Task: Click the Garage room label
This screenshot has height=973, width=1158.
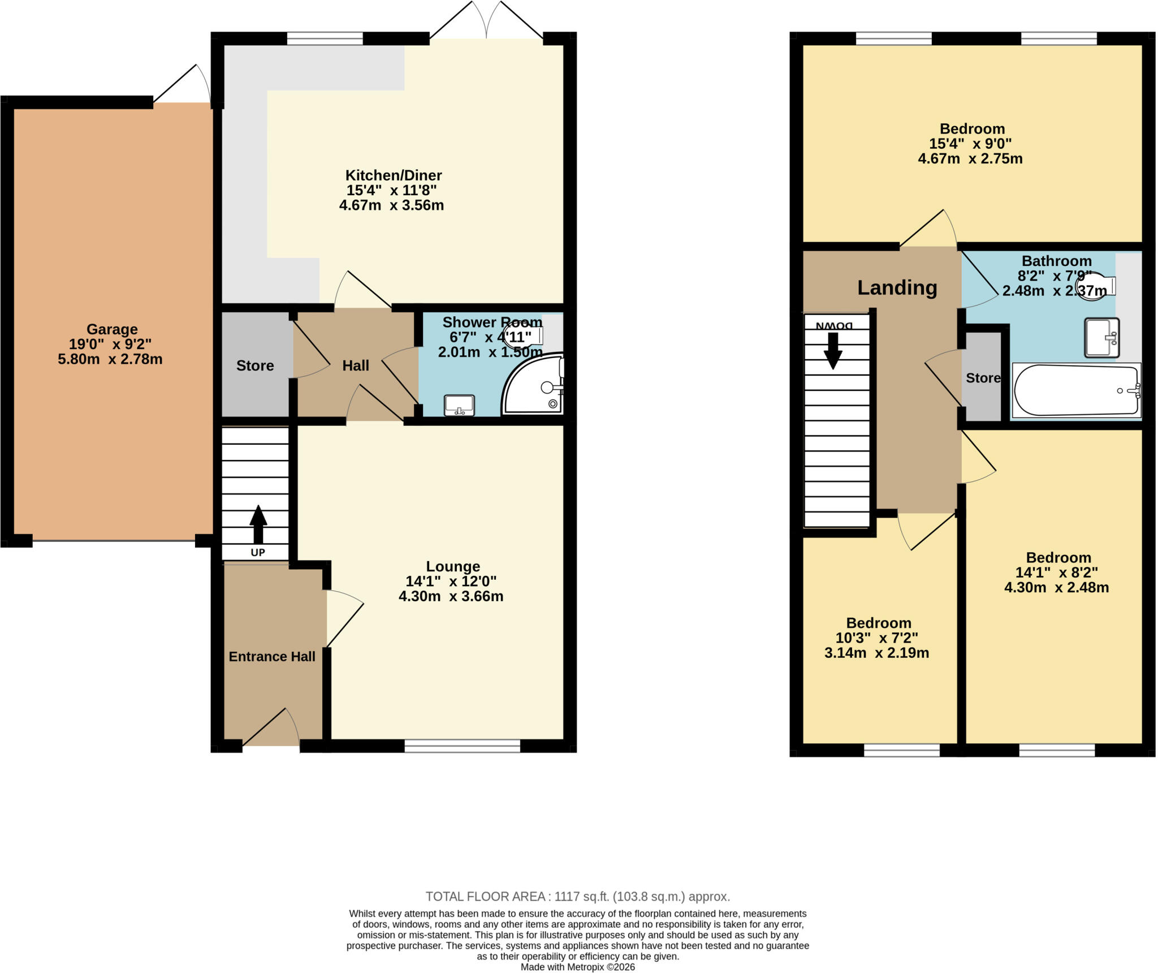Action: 112,329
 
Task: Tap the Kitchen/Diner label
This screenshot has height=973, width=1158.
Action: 394,175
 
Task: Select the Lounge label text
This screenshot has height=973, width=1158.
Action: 453,566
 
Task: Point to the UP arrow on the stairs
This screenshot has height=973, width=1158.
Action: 258,524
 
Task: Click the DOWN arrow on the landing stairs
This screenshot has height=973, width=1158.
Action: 833,351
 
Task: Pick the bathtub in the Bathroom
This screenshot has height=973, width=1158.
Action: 1077,390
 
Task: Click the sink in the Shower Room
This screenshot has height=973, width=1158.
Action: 459,406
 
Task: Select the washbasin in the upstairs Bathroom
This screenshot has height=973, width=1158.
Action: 1102,338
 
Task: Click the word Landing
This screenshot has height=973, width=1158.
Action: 897,288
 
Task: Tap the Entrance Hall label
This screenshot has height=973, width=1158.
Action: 272,657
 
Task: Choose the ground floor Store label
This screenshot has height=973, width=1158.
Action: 255,366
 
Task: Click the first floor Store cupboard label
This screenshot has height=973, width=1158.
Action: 983,378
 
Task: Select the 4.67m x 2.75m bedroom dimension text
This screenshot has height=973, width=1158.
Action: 970,159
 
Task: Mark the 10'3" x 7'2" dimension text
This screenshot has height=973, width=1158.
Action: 877,638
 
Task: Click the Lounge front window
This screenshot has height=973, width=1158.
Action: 463,746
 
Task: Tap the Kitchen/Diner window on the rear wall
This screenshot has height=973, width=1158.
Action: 325,38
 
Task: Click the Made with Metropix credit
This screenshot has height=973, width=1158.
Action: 578,967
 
